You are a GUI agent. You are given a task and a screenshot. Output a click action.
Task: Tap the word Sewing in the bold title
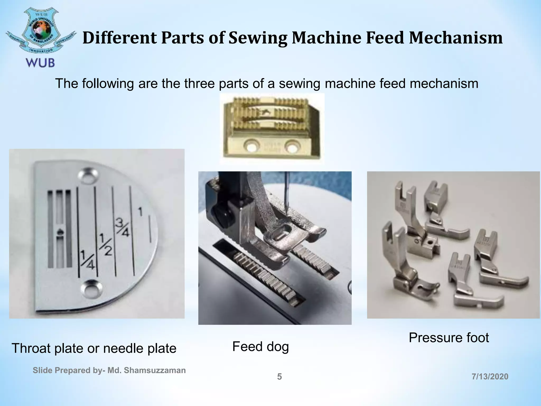click(258, 38)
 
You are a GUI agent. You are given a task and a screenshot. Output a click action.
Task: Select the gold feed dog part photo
click(272, 129)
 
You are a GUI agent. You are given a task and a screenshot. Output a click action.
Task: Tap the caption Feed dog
click(260, 347)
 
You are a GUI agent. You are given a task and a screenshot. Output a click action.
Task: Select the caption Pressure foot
click(449, 338)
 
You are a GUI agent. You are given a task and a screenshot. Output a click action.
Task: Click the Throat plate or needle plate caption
click(94, 348)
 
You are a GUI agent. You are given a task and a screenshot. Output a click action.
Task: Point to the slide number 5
click(279, 377)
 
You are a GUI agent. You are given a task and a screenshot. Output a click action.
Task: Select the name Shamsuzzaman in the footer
click(155, 370)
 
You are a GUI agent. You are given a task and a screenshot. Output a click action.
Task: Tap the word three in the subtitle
click(199, 84)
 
